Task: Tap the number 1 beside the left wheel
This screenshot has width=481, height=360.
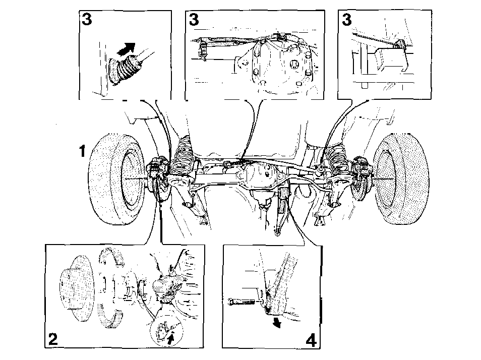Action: pyautogui.click(x=82, y=151)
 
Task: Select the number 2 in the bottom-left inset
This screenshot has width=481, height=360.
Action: pyautogui.click(x=53, y=339)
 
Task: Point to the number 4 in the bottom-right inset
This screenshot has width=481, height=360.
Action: pyautogui.click(x=311, y=340)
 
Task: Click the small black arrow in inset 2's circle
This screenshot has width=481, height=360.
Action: pyautogui.click(x=171, y=339)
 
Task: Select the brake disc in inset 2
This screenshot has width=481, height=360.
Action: pyautogui.click(x=77, y=289)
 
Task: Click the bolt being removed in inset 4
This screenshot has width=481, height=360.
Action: pyautogui.click(x=243, y=303)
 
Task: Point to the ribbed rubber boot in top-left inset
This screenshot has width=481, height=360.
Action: pyautogui.click(x=124, y=69)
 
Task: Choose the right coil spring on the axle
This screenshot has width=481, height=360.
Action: pyautogui.click(x=337, y=159)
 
